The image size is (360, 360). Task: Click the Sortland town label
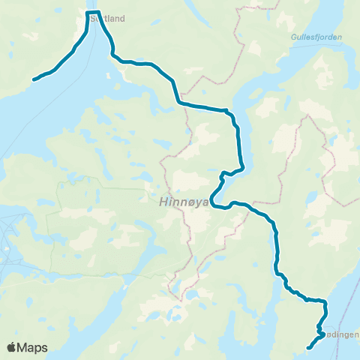(106, 19)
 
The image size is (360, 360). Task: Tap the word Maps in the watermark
(34, 347)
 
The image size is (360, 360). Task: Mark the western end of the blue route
(34, 79)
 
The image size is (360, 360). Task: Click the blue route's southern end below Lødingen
(309, 347)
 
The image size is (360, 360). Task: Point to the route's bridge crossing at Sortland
(93, 13)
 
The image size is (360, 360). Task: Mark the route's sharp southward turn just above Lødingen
(325, 302)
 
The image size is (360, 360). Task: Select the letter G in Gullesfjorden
(292, 35)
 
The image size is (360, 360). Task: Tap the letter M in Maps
(25, 347)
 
